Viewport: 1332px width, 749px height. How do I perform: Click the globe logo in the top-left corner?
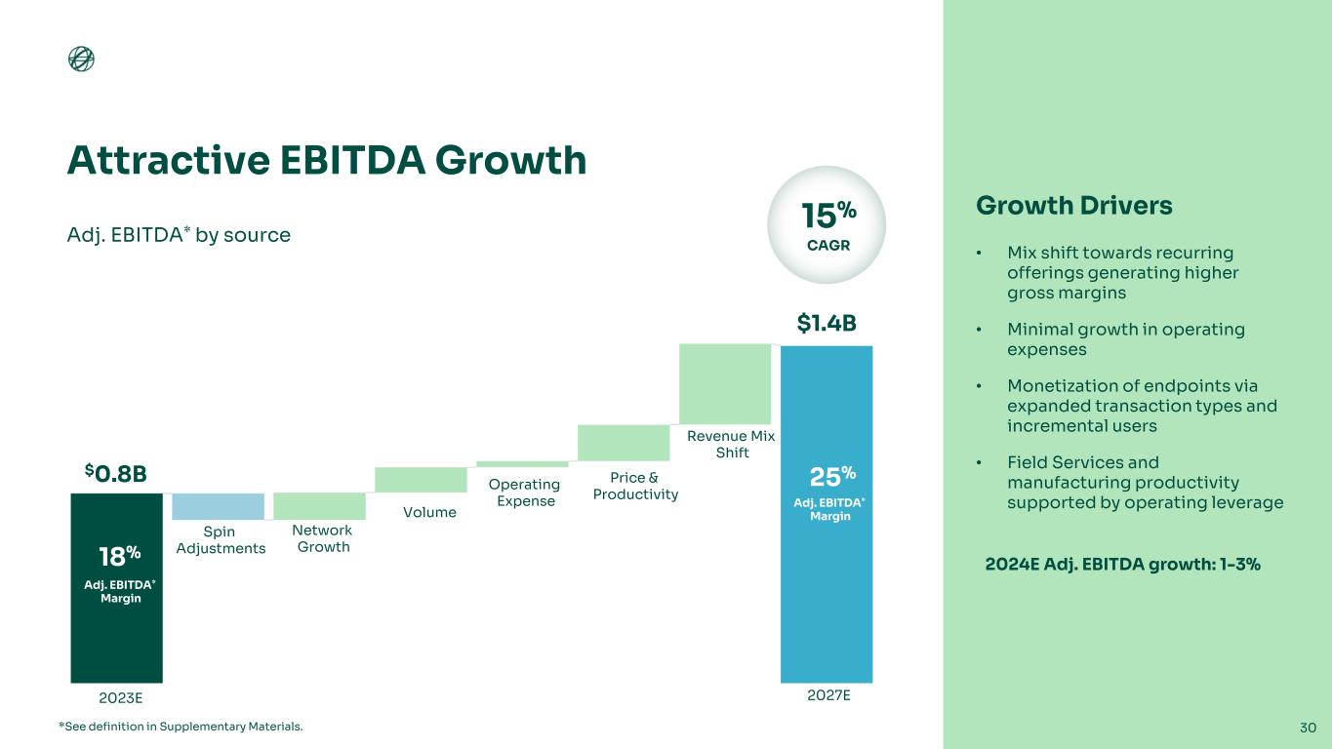pyautogui.click(x=81, y=59)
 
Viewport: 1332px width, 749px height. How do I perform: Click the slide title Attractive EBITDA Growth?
pyautogui.click(x=326, y=160)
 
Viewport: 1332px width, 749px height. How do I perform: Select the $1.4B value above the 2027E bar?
pyautogui.click(x=827, y=324)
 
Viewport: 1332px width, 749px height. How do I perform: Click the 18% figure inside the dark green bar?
pyautogui.click(x=120, y=556)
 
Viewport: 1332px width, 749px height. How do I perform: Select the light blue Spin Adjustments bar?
pyautogui.click(x=218, y=506)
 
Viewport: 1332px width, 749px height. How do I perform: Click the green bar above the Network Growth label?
pyautogui.click(x=319, y=506)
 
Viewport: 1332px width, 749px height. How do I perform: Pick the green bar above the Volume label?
pyautogui.click(x=421, y=480)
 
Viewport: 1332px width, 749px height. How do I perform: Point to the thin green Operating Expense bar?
pyautogui.click(x=522, y=464)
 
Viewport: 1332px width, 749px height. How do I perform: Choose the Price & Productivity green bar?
pyautogui.click(x=624, y=443)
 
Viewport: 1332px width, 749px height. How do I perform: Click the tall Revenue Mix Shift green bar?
pyautogui.click(x=724, y=383)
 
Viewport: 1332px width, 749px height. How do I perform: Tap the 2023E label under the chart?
pyautogui.click(x=121, y=698)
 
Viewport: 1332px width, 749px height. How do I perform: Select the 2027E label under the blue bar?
pyautogui.click(x=827, y=696)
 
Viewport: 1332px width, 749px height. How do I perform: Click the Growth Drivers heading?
pyautogui.click(x=1073, y=207)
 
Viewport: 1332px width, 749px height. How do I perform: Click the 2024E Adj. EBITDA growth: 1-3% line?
pyautogui.click(x=1121, y=565)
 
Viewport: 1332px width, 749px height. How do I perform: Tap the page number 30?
pyautogui.click(x=1308, y=727)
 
